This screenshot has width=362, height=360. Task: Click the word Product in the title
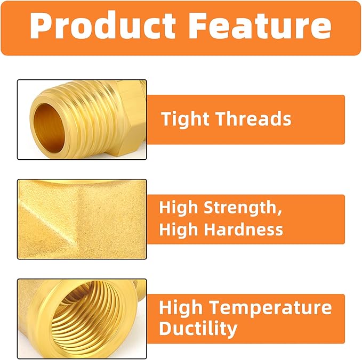click(102, 26)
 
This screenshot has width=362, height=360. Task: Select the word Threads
click(254, 119)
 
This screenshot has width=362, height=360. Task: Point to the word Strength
click(243, 208)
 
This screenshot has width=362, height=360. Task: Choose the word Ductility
click(198, 329)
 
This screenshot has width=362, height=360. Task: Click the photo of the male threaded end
click(82, 119)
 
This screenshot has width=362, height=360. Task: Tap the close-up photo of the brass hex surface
click(82, 219)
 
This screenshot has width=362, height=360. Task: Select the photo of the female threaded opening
click(82, 318)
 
